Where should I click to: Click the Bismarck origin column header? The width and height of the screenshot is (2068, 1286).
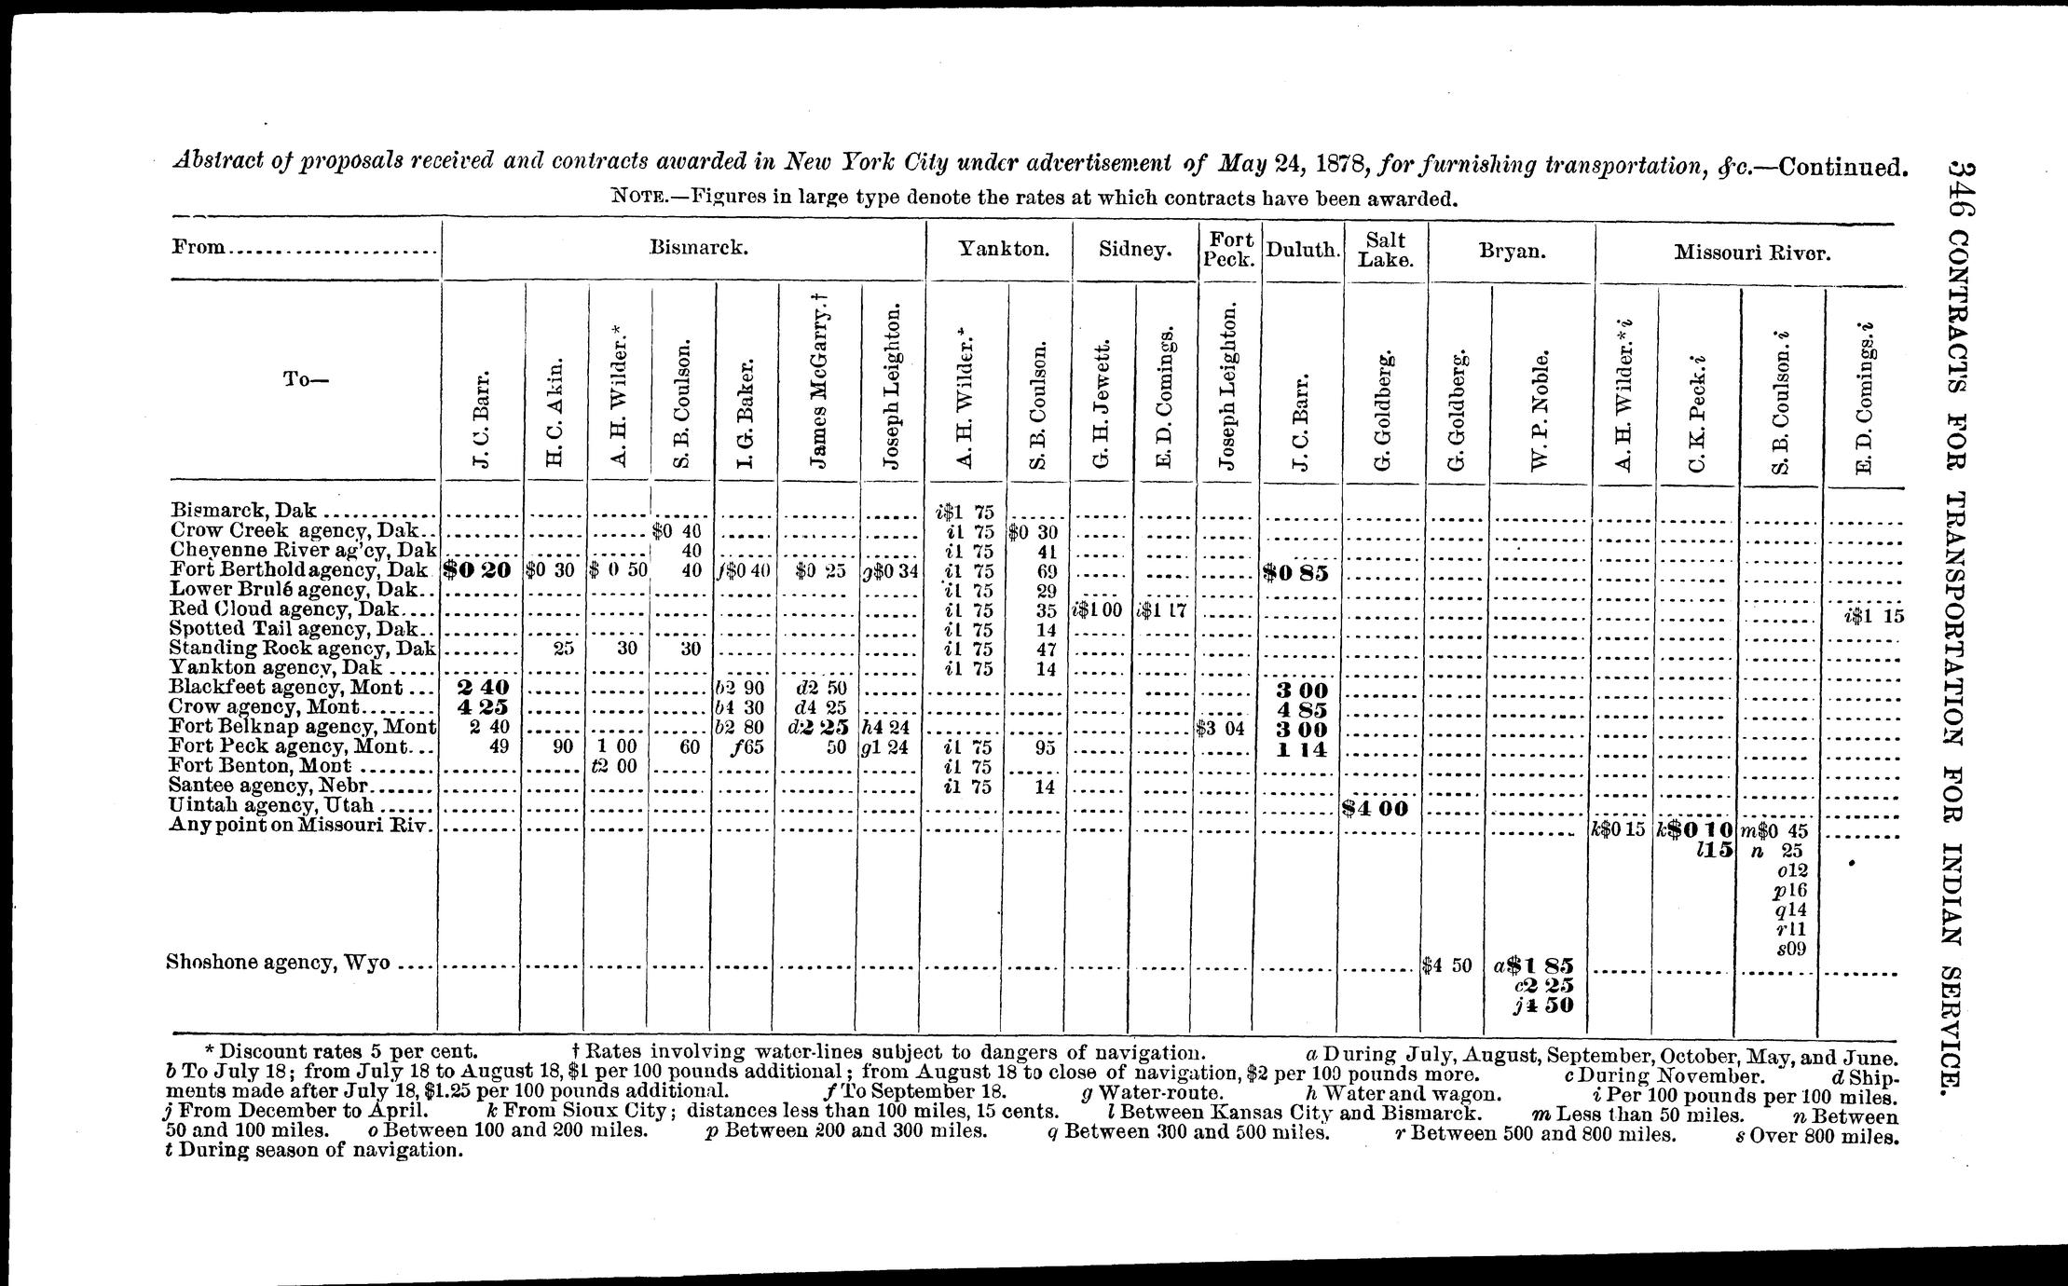pos(699,249)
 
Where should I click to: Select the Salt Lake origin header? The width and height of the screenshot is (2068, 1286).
pos(1385,249)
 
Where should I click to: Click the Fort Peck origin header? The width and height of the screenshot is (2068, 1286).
pos(1227,249)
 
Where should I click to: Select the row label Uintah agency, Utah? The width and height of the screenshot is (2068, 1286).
pos(271,805)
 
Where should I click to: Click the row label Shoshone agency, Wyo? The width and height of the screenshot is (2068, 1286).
pos(278,963)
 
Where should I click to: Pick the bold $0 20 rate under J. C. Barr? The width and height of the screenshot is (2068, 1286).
pos(479,569)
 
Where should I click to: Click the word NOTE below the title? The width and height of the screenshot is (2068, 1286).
pos(638,198)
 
